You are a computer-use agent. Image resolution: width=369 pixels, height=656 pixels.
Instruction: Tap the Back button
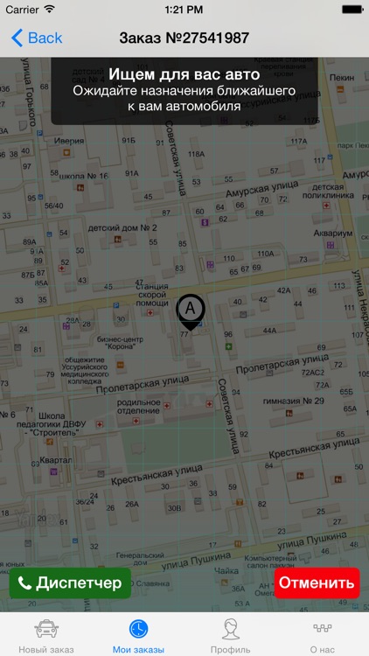point(37,38)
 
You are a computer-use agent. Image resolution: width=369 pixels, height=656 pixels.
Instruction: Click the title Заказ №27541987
point(184,38)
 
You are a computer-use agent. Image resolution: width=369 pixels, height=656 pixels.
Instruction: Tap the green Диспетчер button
point(70,583)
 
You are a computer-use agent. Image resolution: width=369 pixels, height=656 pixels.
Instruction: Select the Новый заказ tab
point(46,636)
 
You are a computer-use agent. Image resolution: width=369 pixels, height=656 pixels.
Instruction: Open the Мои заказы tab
point(138,636)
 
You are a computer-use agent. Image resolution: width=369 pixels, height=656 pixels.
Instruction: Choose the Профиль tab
point(231,636)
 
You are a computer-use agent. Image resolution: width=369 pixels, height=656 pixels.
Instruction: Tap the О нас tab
point(323,636)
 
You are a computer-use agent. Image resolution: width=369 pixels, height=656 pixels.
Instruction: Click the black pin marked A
point(191,311)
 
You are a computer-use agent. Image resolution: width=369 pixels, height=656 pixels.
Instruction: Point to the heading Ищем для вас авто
point(184,74)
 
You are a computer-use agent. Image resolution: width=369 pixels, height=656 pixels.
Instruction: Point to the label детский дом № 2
point(122,227)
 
